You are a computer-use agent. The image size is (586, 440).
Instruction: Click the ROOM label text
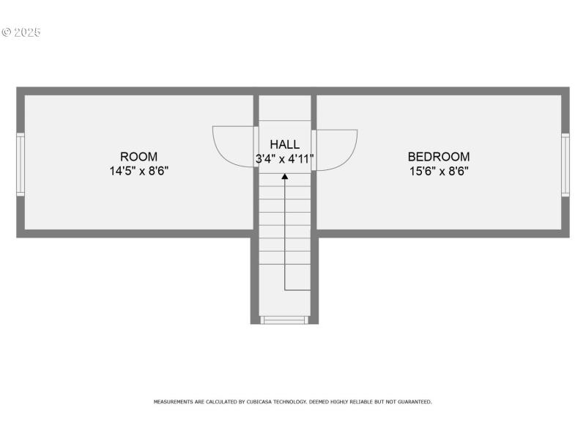[138, 156]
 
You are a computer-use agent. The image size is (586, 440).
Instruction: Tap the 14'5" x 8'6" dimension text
[138, 171]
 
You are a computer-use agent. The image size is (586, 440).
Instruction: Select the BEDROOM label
[439, 156]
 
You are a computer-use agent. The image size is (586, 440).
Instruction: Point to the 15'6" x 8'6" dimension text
[439, 171]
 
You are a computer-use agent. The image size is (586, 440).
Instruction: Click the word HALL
[284, 144]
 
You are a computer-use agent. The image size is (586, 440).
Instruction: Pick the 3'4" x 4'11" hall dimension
[284, 158]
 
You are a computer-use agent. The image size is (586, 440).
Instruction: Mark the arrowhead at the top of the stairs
[285, 176]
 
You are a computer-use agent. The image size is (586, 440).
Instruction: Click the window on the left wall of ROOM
[21, 164]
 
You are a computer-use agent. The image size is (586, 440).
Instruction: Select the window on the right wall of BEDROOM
[565, 164]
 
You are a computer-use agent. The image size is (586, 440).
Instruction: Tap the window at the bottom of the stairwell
[284, 320]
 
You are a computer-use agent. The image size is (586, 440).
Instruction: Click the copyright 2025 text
[21, 32]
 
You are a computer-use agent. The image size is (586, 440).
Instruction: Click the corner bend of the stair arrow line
[285, 290]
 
